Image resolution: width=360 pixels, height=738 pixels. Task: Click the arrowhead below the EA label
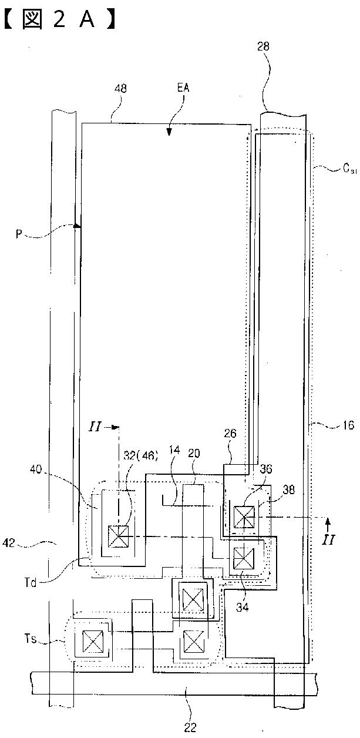pyautogui.click(x=169, y=132)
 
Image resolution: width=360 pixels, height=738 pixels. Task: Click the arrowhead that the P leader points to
pyautogui.click(x=77, y=225)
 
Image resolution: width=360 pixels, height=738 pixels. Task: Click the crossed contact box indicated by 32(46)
pyautogui.click(x=119, y=536)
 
